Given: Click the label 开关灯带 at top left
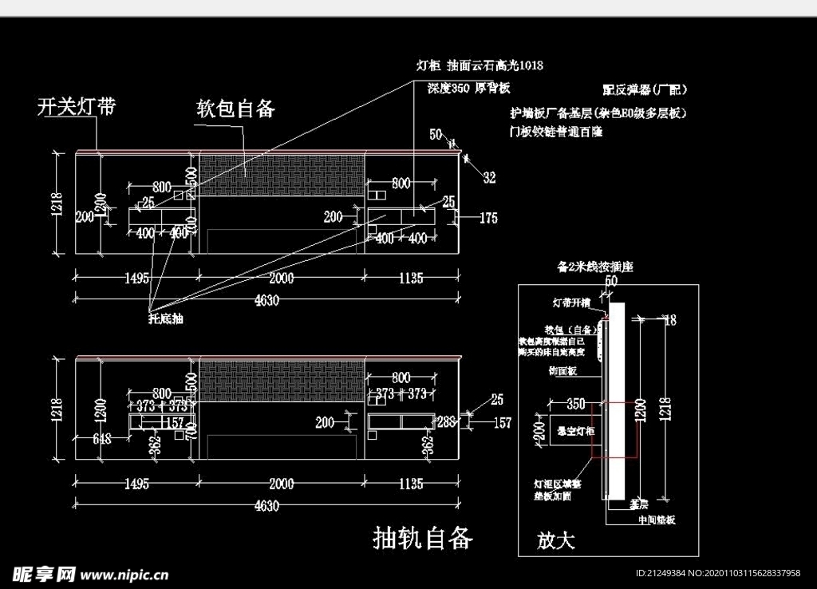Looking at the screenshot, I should click(x=77, y=107).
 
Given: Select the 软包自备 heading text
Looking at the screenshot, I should click(x=236, y=109).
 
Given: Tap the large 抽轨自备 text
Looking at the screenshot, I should click(x=423, y=538).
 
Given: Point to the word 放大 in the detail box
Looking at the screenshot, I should click(x=556, y=541).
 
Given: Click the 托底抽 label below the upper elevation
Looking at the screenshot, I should click(x=166, y=318).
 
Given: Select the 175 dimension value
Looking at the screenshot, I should click(x=488, y=217).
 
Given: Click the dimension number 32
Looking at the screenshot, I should click(x=489, y=178).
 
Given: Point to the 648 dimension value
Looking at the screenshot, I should click(x=101, y=437).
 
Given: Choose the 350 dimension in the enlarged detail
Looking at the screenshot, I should click(x=575, y=403).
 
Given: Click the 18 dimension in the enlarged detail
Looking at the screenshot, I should click(x=669, y=320).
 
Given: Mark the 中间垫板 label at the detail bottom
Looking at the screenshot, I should click(x=657, y=520).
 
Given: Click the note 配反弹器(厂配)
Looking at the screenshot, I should click(x=645, y=89).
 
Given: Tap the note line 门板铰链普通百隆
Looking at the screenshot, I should click(x=556, y=131).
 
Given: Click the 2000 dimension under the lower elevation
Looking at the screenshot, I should click(x=282, y=484).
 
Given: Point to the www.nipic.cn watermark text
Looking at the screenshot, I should click(x=124, y=574).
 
